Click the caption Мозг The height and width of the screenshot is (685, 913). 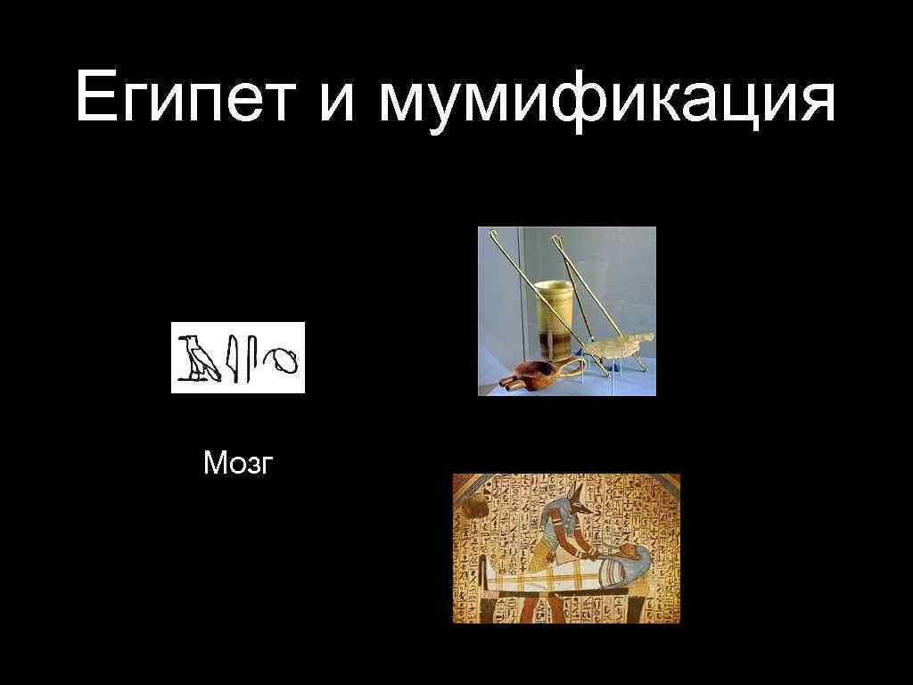click(236, 463)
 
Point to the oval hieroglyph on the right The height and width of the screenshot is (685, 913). click(284, 360)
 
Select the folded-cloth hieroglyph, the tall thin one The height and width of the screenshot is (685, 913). click(253, 359)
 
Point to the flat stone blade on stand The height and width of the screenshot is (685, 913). click(623, 344)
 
